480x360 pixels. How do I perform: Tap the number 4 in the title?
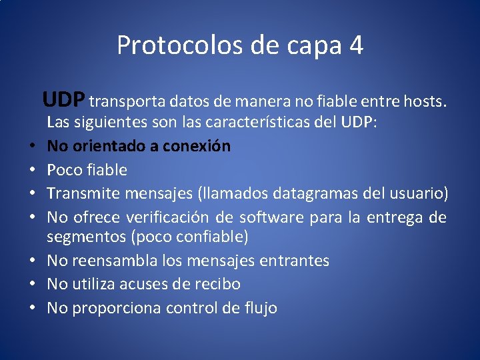pos(356,45)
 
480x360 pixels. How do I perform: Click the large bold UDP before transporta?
pos(63,100)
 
